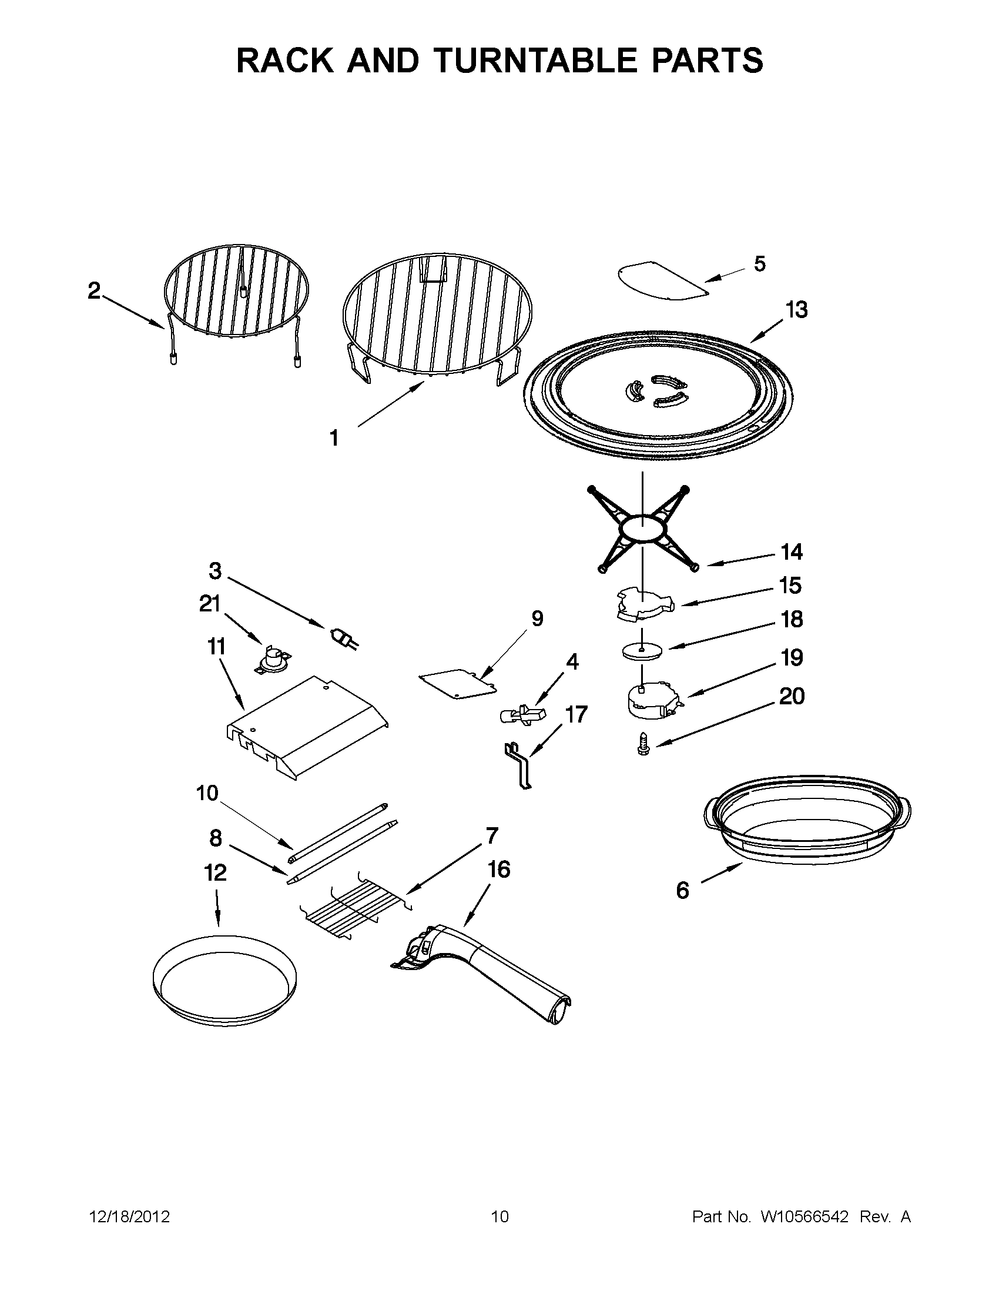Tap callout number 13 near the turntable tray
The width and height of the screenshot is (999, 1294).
[796, 310]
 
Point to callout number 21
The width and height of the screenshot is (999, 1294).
[210, 604]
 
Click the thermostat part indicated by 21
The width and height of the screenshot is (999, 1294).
[272, 660]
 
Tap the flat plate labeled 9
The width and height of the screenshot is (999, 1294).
[458, 683]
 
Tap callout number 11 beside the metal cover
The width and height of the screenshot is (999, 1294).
[216, 646]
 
